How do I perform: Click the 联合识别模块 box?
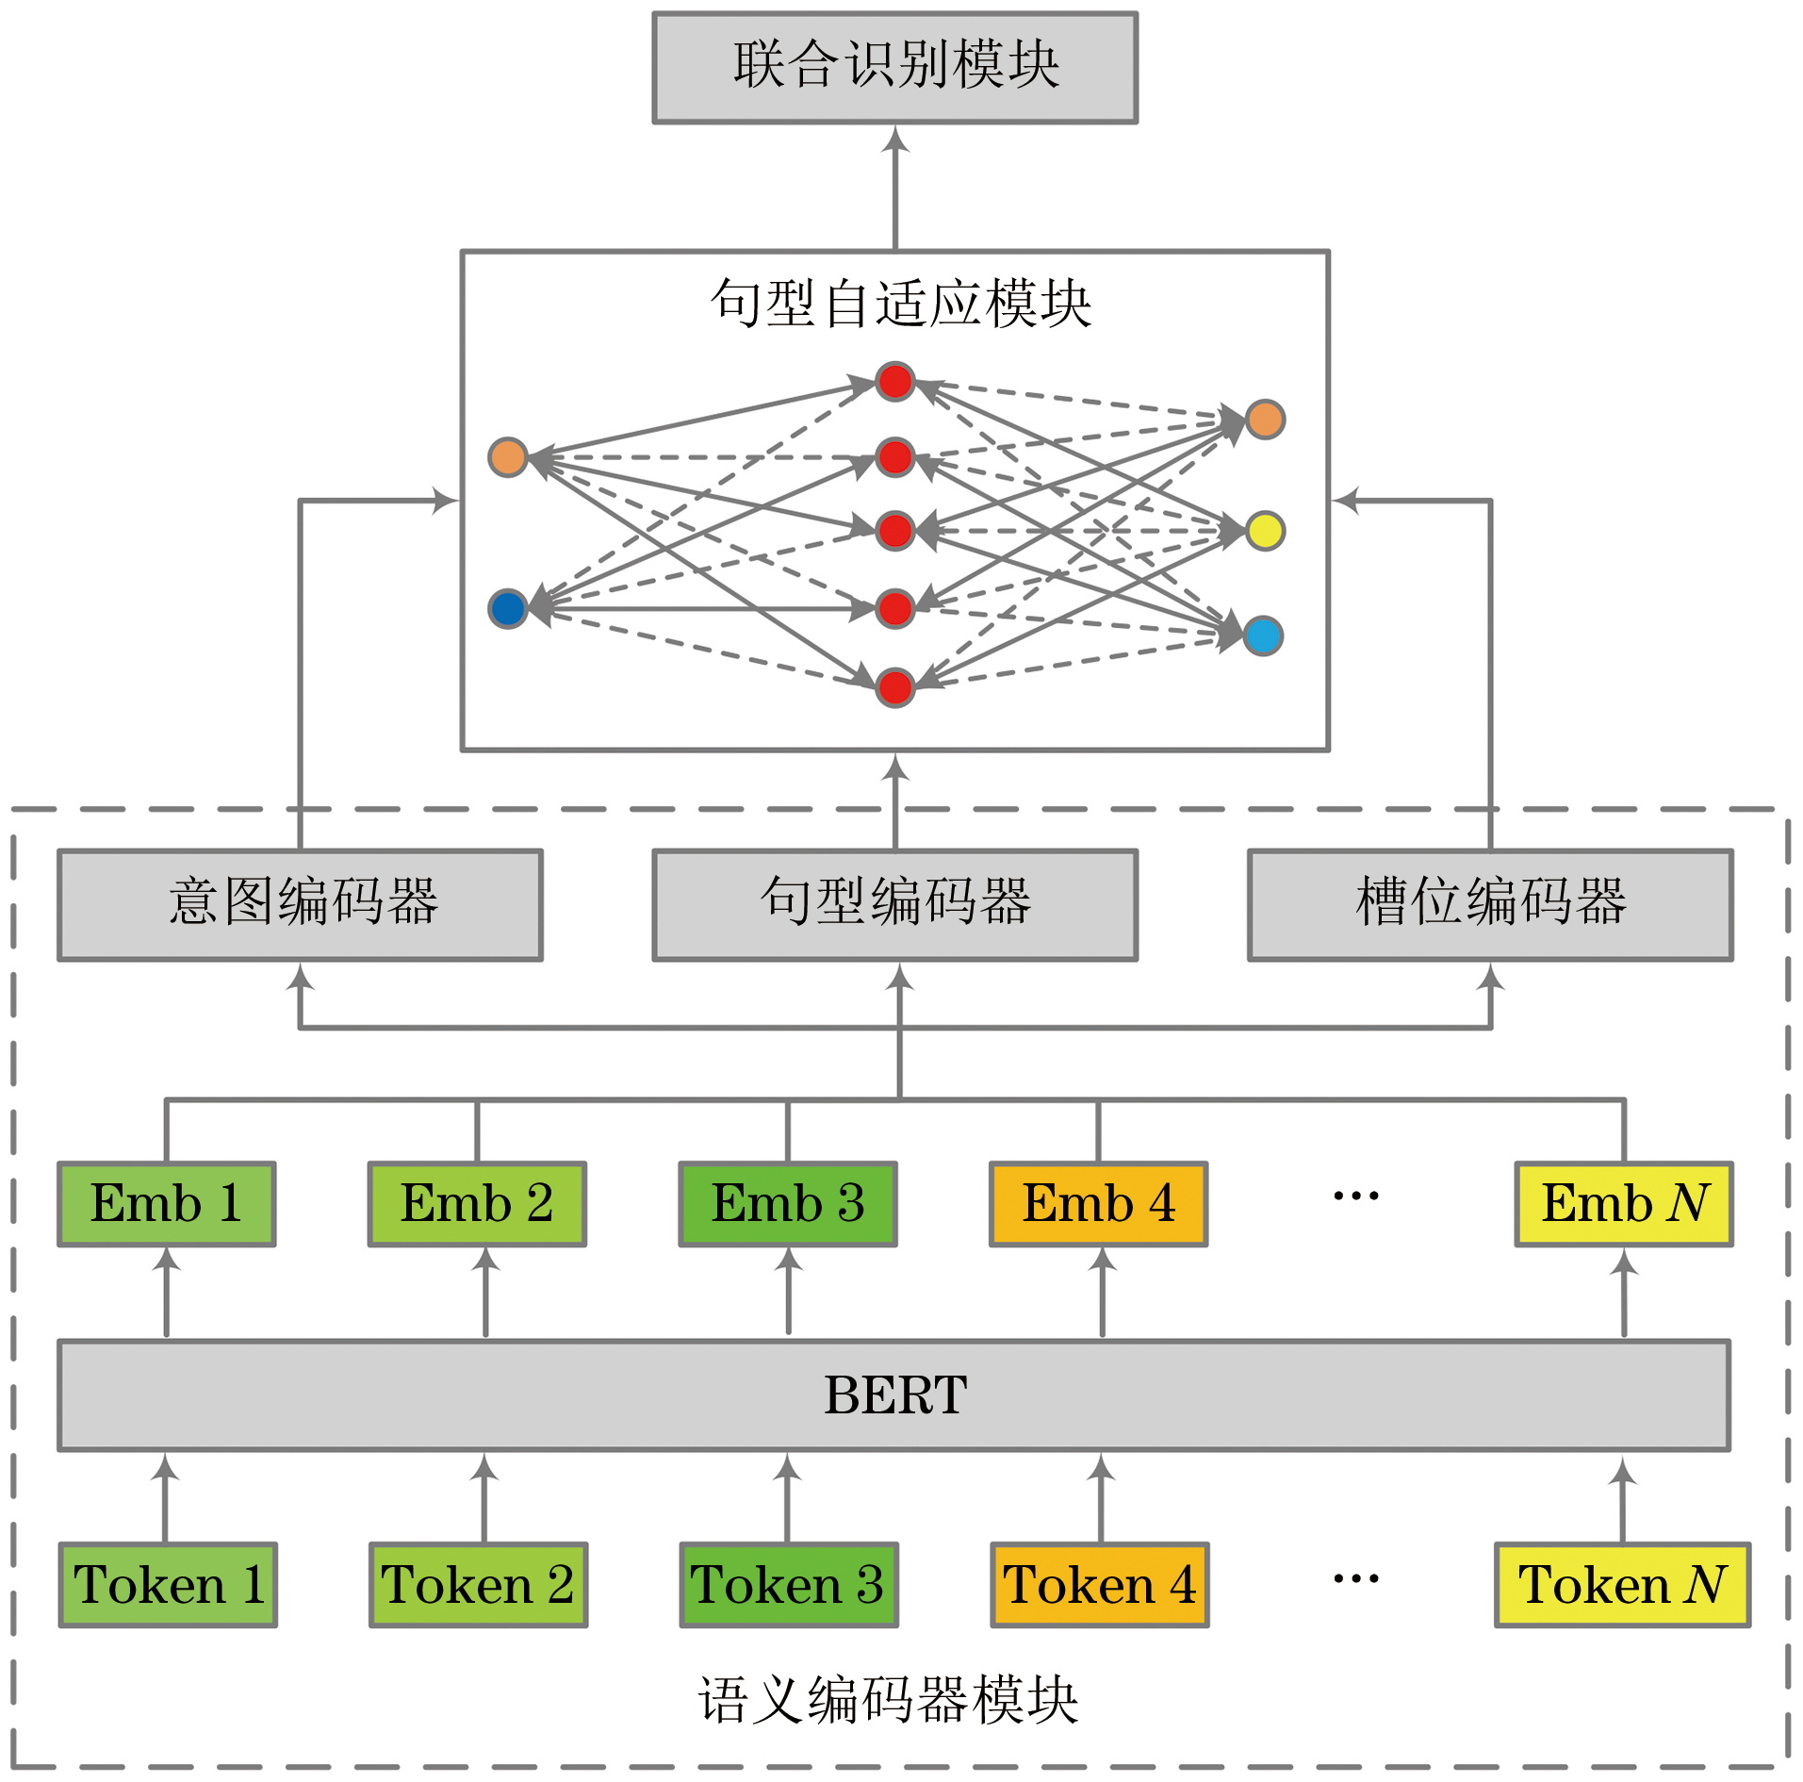click(x=894, y=67)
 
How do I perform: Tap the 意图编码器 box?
click(x=300, y=904)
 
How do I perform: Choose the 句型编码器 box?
click(x=894, y=904)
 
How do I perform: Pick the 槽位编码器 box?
click(x=1489, y=904)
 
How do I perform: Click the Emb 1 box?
click(x=167, y=1203)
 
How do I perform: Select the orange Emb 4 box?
click(x=1098, y=1203)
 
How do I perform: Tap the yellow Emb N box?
click(x=1623, y=1203)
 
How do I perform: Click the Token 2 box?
click(x=478, y=1584)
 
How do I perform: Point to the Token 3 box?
click(x=789, y=1584)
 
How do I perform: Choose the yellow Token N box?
click(x=1621, y=1584)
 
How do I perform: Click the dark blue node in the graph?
click(x=508, y=608)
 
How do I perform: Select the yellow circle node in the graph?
click(x=1264, y=531)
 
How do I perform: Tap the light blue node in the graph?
click(x=1263, y=635)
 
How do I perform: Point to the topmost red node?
click(x=894, y=381)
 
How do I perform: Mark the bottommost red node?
click(x=894, y=686)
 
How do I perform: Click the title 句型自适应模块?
click(x=900, y=304)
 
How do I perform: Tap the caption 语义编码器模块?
click(x=888, y=1699)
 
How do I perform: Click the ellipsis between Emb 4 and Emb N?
click(x=1355, y=1196)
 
